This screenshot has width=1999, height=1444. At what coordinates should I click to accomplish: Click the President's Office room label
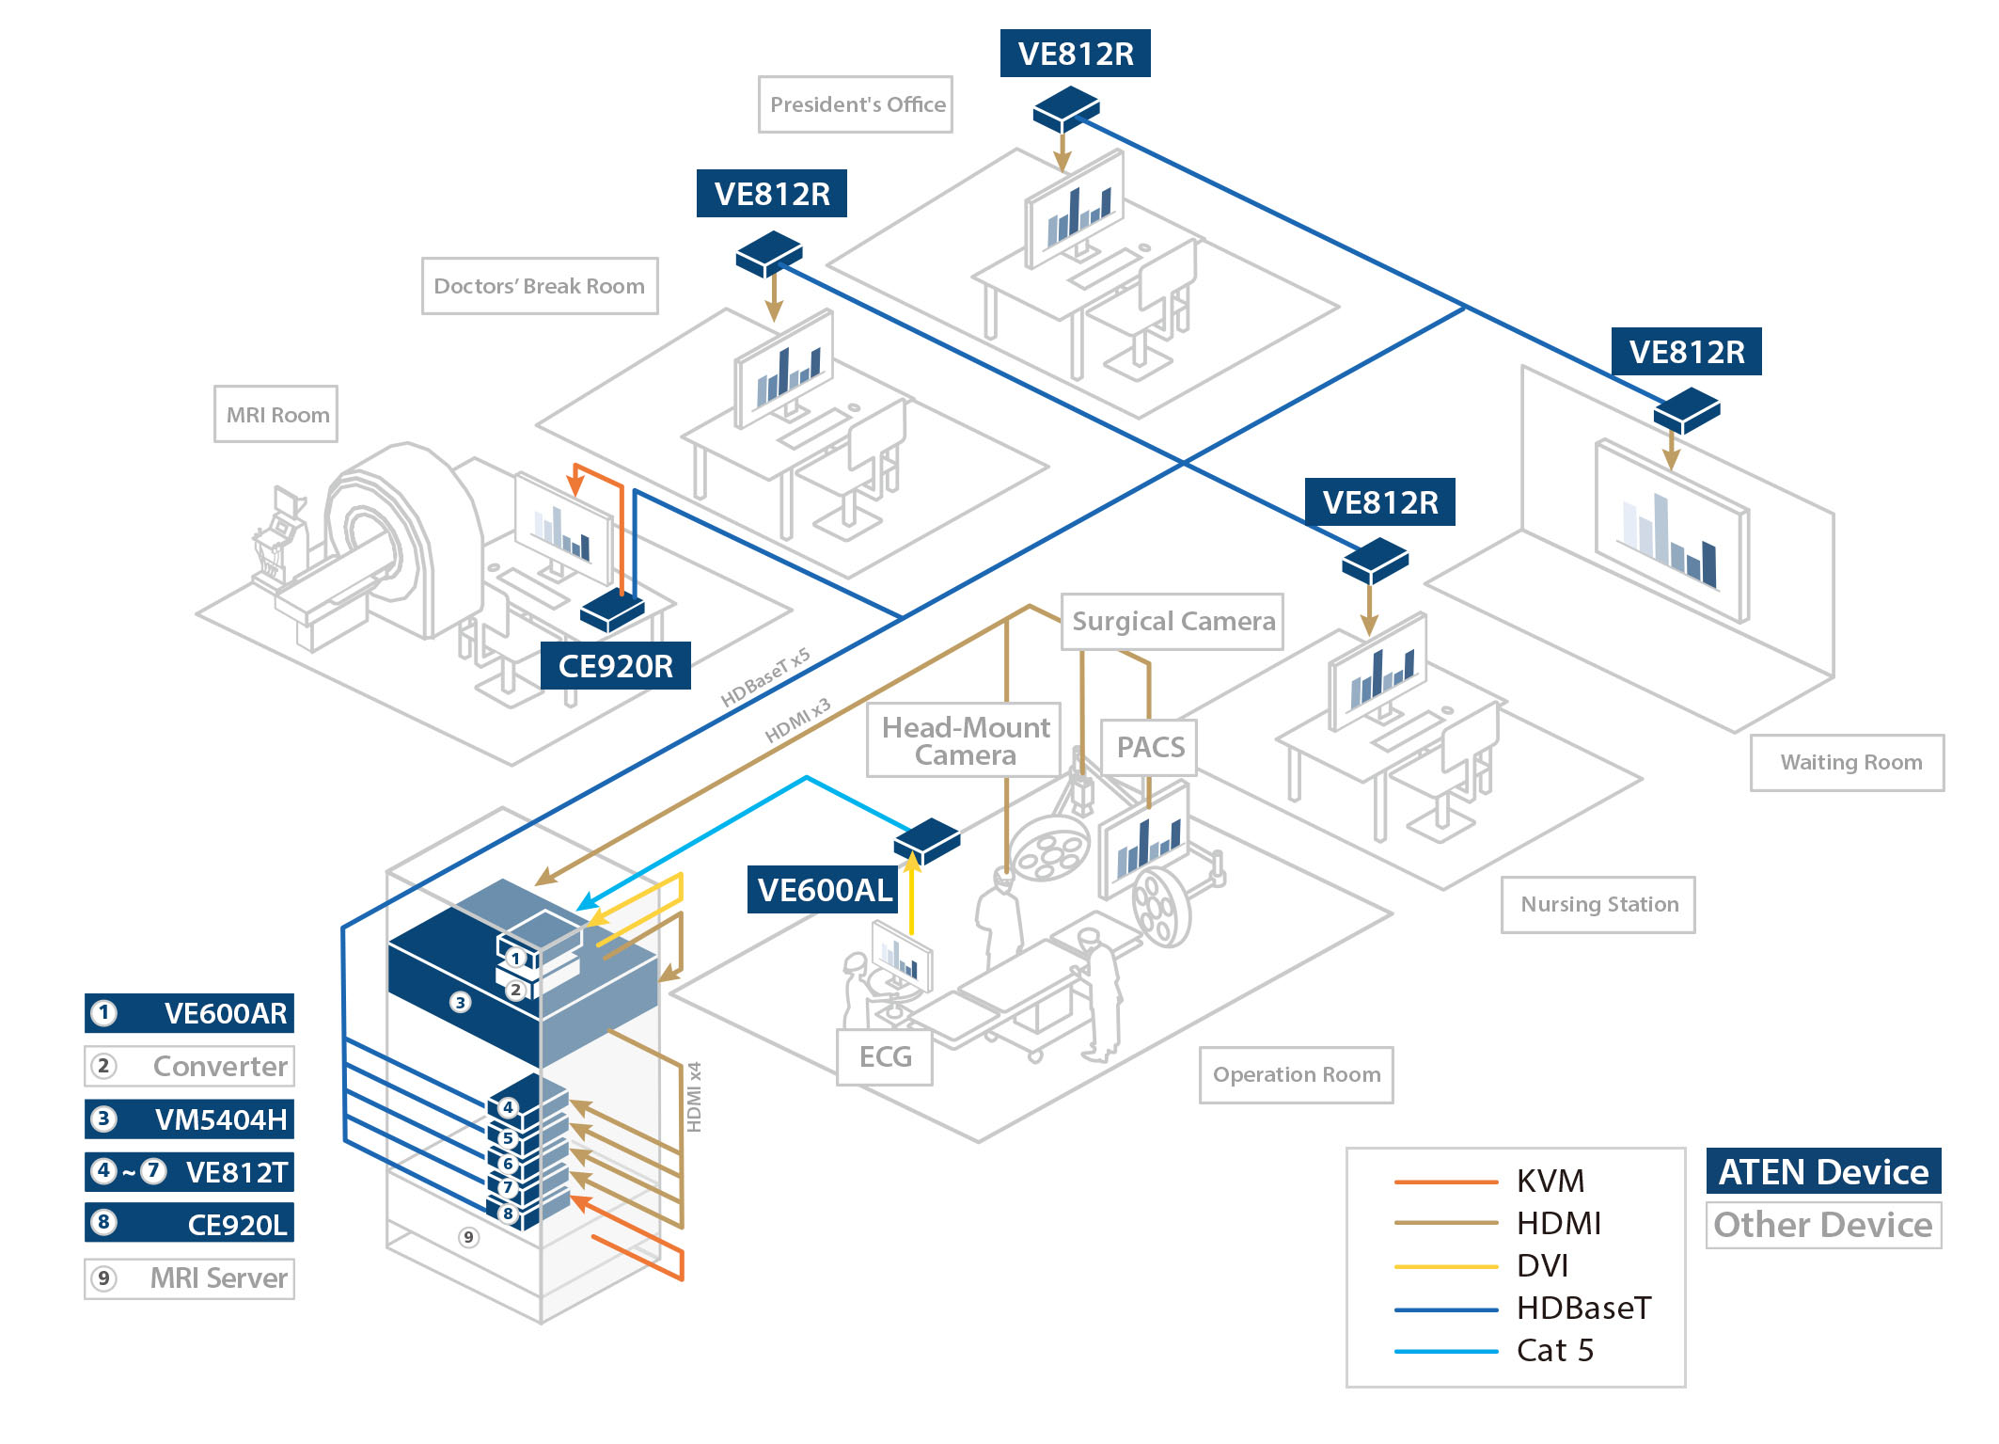click(856, 104)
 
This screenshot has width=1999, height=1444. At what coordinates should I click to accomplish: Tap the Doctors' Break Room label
click(540, 286)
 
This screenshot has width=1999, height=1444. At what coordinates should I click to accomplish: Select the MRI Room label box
click(276, 414)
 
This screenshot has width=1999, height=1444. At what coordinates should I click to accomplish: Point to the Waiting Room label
click(1848, 762)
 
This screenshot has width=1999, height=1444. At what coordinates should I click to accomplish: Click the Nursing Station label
click(1598, 904)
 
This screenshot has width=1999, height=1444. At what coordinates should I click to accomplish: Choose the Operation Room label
click(1297, 1074)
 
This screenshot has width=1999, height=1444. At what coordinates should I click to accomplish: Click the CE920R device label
click(616, 666)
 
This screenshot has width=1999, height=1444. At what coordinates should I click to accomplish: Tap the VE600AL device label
click(824, 890)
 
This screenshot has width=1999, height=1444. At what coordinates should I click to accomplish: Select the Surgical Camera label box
click(1173, 621)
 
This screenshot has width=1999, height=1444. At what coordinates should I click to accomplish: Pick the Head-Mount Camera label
click(965, 740)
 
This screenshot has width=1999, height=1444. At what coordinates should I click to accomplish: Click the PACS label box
click(1149, 747)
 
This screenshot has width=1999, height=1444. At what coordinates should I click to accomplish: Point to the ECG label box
click(885, 1057)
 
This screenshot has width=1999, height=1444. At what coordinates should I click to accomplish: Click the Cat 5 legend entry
click(1554, 1351)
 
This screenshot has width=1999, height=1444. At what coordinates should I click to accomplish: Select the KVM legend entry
click(1550, 1181)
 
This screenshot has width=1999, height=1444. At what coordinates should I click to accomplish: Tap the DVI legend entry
click(1542, 1266)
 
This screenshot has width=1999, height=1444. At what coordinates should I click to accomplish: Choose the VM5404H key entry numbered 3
click(190, 1119)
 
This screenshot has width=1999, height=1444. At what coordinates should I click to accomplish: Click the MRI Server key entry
click(190, 1278)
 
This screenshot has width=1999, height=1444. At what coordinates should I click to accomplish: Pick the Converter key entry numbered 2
click(190, 1066)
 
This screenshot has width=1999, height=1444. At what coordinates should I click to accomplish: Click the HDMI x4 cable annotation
click(695, 1097)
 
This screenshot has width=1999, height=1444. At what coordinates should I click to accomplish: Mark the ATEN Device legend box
click(1823, 1172)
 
